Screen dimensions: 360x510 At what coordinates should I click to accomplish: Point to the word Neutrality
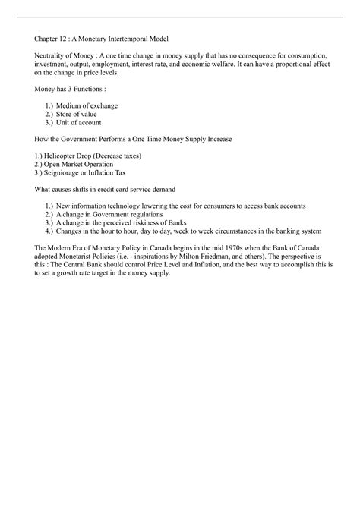[x=51, y=57]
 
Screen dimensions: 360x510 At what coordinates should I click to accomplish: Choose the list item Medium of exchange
[x=87, y=105]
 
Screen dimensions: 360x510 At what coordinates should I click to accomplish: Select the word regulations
[x=147, y=214]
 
